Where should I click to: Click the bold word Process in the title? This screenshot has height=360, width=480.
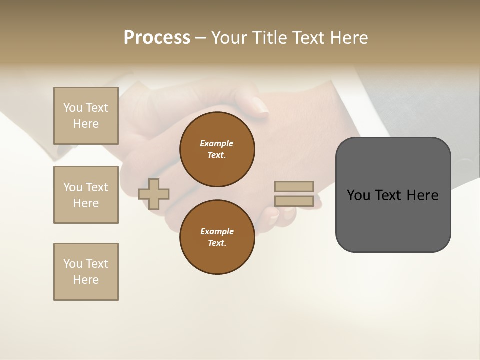pos(157,38)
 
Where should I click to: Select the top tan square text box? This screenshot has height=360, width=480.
pos(86,116)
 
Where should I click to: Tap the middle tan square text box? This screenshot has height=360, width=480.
pos(86,195)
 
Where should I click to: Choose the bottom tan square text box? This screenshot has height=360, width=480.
pos(86,272)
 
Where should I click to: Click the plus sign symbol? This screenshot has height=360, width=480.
pos(154,194)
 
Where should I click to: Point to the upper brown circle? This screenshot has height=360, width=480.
pos(217,149)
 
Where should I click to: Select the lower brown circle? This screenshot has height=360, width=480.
pos(217,237)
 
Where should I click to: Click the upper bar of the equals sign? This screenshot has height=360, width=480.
pos(294,186)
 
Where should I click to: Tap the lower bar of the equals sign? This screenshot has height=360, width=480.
pos(294,201)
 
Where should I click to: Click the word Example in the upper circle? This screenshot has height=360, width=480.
pos(217,143)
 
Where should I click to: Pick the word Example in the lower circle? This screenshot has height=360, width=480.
pos(217,231)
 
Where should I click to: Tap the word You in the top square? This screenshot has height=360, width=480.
pos(73,108)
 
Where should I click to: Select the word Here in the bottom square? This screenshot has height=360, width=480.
pos(86,280)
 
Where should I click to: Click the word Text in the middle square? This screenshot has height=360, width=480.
pos(97,187)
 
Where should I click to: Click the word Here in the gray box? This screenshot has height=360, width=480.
pos(422,195)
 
